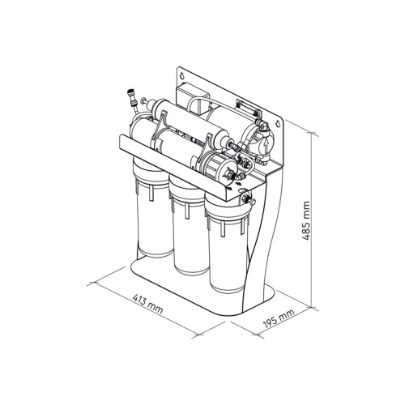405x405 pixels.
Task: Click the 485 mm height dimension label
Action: (306, 220)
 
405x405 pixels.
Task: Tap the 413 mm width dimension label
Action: (148, 304)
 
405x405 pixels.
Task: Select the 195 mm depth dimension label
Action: (279, 318)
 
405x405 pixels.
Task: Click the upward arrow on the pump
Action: (266, 146)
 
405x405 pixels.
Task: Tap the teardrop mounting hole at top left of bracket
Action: (182, 75)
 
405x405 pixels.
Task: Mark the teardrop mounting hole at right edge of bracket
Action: (279, 124)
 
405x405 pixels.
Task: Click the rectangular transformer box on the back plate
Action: (192, 99)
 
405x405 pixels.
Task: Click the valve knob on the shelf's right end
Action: (248, 200)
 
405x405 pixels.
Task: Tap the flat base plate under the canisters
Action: (202, 286)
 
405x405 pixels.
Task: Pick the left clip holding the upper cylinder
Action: (160, 128)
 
